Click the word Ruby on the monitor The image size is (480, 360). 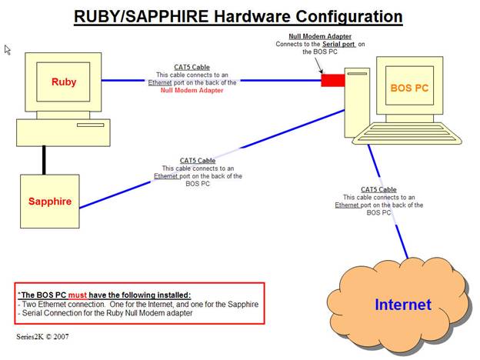pos(65,82)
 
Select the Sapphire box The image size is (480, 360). pos(50,202)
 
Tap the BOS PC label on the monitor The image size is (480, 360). pos(408,88)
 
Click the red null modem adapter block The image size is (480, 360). pos(332,81)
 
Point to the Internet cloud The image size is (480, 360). pos(402,305)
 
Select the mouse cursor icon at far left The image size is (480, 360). pos(8,50)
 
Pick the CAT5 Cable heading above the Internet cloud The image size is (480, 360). pos(378,189)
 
